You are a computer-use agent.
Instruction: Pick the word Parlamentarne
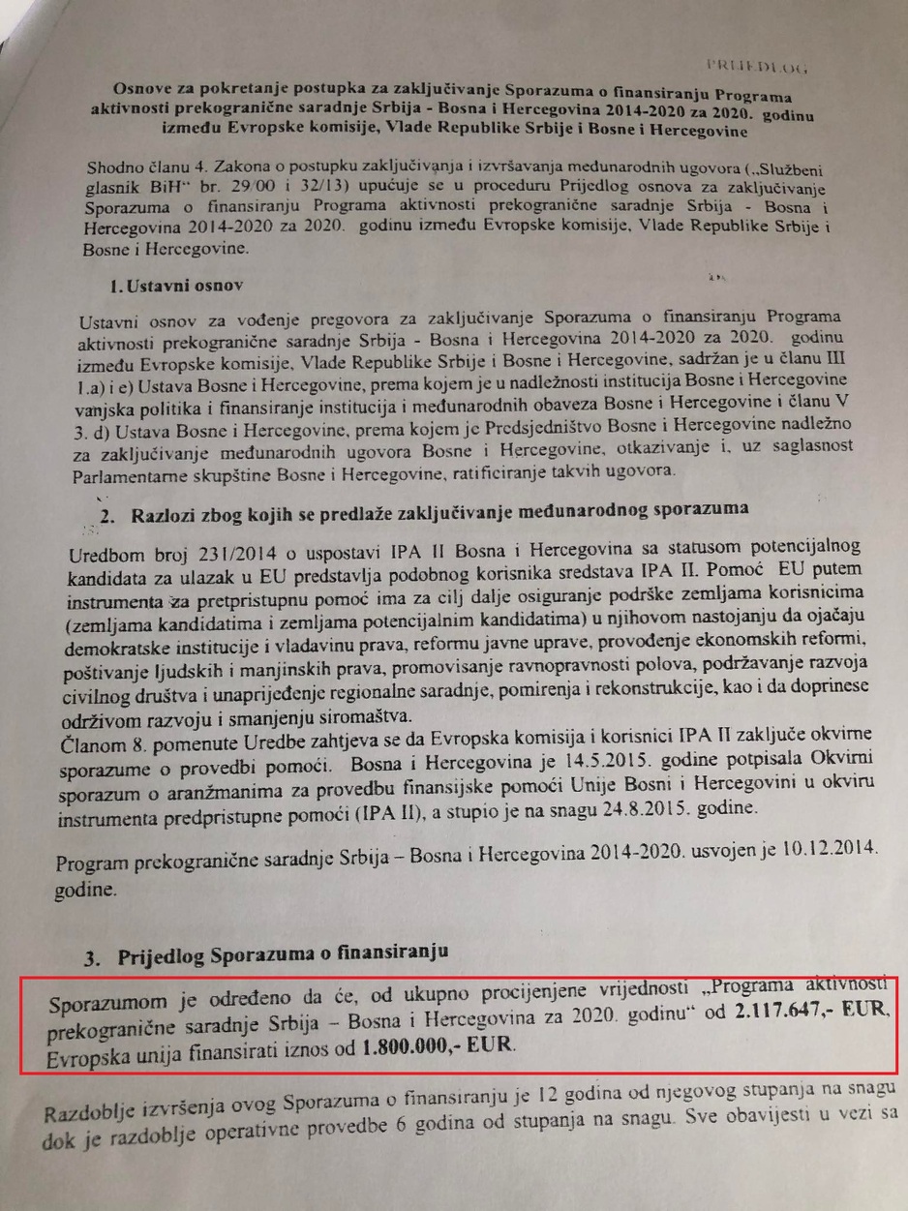coord(127,472)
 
